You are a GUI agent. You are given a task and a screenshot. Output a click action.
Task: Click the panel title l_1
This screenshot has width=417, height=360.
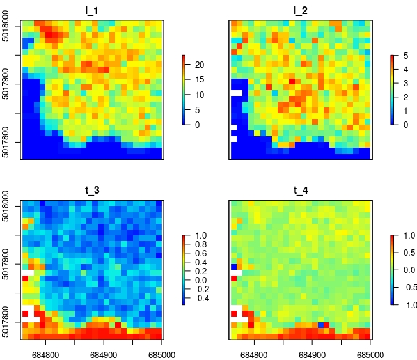point(93,10)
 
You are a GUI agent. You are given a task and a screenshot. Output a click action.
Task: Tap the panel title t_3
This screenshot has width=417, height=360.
point(93,190)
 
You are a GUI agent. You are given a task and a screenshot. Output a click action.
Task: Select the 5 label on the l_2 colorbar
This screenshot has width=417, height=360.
point(405,56)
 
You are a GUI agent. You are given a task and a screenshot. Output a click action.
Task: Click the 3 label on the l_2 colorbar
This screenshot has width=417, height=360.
point(405,83)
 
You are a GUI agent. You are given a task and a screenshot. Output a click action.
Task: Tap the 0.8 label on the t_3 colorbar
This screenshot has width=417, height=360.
point(201,245)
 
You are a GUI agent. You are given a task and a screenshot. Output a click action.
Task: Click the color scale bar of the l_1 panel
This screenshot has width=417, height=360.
point(184,90)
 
